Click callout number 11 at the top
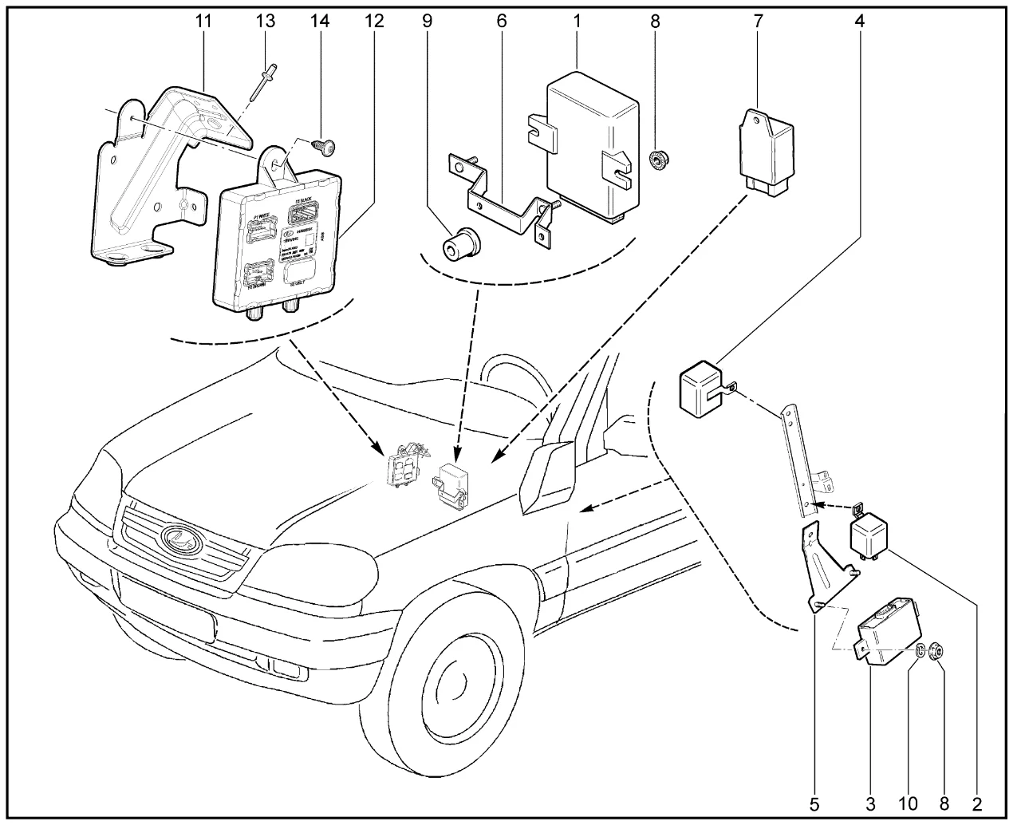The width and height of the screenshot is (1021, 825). click(204, 22)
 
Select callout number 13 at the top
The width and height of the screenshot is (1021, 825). click(265, 22)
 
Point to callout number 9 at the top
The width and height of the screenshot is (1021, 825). click(428, 22)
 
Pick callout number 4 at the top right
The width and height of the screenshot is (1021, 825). click(859, 22)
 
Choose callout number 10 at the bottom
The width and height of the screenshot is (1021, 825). click(909, 801)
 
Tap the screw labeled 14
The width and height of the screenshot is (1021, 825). click(325, 145)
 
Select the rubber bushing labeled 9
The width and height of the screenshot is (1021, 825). click(460, 242)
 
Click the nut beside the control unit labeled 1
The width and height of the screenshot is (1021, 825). click(659, 160)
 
